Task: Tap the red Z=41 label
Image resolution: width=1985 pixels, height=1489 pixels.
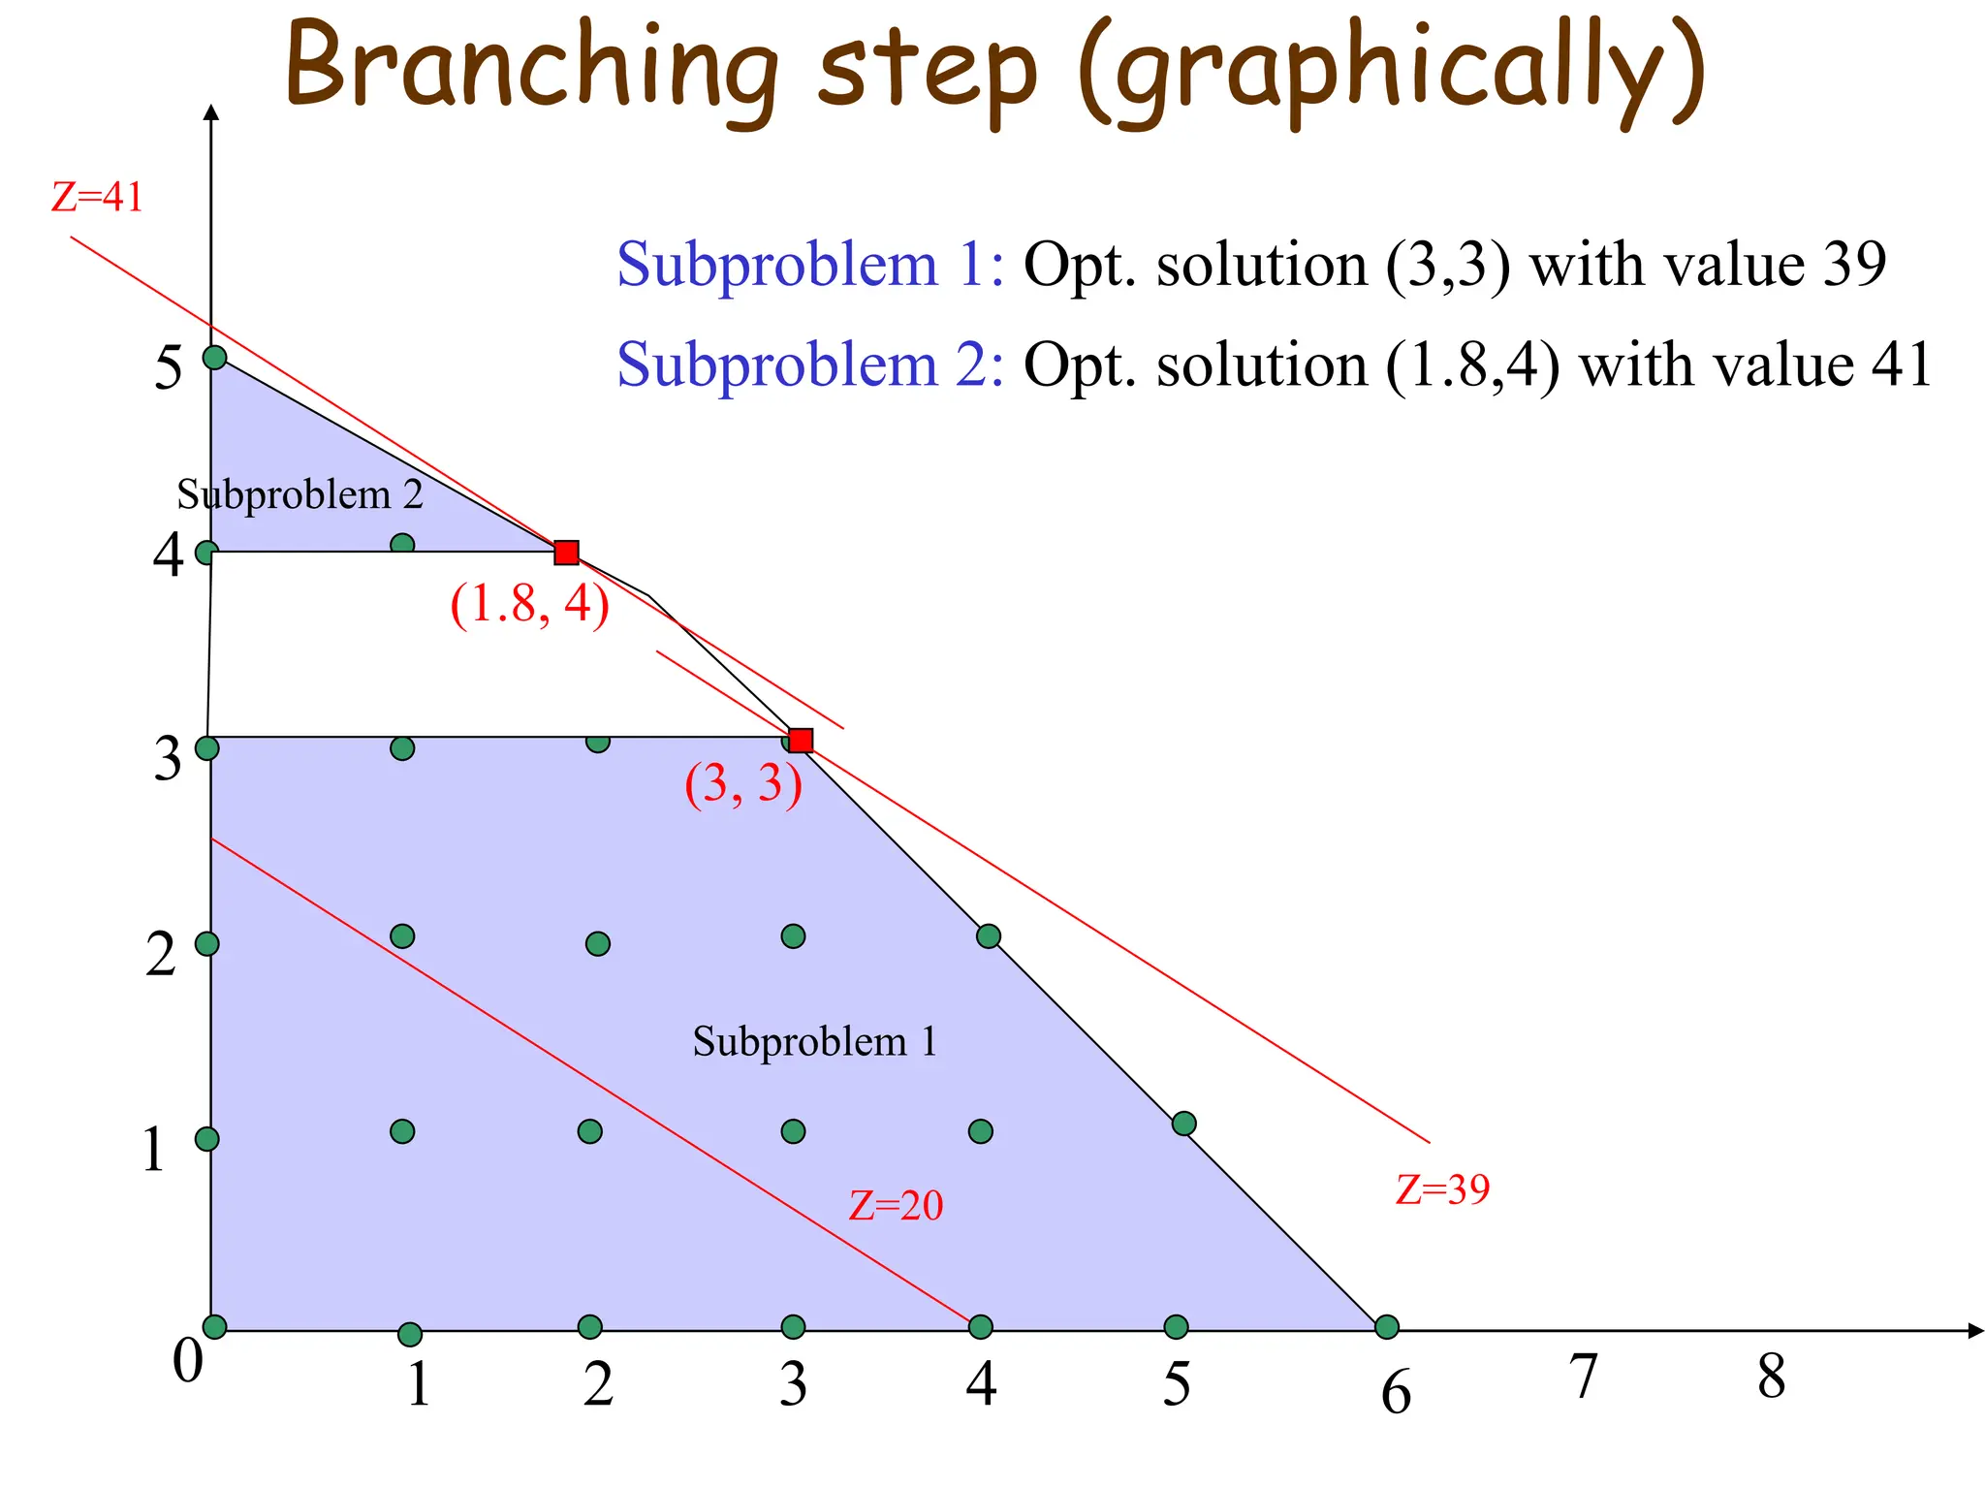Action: tap(97, 197)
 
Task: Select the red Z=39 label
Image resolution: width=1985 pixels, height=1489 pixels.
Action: tap(1442, 1189)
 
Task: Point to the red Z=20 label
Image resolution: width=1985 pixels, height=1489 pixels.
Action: tap(896, 1205)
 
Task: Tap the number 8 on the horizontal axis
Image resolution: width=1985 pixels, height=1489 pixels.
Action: tap(1771, 1376)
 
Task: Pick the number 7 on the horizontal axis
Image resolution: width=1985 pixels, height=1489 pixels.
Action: tap(1582, 1376)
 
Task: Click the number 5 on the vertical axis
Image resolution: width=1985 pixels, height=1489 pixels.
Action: tap(168, 368)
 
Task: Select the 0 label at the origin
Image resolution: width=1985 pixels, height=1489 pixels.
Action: tap(188, 1360)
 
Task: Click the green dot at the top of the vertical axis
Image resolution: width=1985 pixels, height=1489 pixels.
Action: tap(214, 358)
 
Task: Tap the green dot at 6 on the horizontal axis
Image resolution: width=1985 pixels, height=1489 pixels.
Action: tap(1387, 1326)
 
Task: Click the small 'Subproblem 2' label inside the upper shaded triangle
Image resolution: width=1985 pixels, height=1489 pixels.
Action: tap(299, 495)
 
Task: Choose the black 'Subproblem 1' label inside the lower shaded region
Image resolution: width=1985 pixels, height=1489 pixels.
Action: tap(814, 1042)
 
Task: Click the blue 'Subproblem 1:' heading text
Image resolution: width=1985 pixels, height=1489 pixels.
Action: tap(810, 264)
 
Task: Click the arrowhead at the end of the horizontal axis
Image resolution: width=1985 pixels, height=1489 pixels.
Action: tap(1974, 1331)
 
